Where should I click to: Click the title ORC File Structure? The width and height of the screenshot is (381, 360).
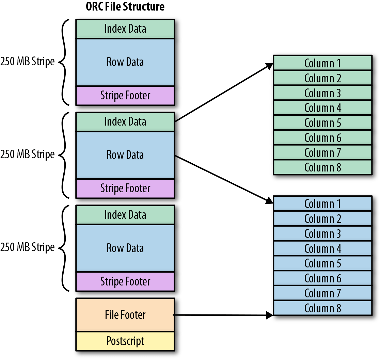click(125, 6)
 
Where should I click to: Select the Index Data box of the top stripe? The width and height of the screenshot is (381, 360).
click(125, 29)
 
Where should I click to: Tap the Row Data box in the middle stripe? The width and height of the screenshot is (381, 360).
click(125, 155)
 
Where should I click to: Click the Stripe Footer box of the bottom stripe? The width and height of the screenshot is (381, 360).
click(125, 282)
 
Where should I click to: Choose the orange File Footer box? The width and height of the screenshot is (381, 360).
click(125, 315)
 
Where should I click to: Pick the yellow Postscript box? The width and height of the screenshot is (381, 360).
click(125, 341)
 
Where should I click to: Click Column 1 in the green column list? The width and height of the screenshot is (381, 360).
click(322, 63)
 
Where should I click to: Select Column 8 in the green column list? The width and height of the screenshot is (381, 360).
click(322, 167)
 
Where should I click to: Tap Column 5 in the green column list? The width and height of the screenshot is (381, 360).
click(322, 123)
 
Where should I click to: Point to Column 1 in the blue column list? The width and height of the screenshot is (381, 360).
click(322, 204)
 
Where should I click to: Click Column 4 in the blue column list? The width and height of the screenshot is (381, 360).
click(322, 249)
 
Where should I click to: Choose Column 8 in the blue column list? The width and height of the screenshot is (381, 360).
click(322, 308)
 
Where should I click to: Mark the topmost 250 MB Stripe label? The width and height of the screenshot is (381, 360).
click(28, 62)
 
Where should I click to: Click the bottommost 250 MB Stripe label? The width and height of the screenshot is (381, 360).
click(28, 247)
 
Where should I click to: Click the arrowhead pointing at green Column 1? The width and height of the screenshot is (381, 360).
click(270, 66)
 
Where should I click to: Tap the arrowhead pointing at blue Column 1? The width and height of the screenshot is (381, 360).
click(269, 201)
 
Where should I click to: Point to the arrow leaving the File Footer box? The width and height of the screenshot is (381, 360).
click(221, 315)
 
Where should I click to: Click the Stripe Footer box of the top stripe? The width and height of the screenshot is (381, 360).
click(125, 96)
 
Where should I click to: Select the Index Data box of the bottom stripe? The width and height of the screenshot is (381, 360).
click(125, 215)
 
